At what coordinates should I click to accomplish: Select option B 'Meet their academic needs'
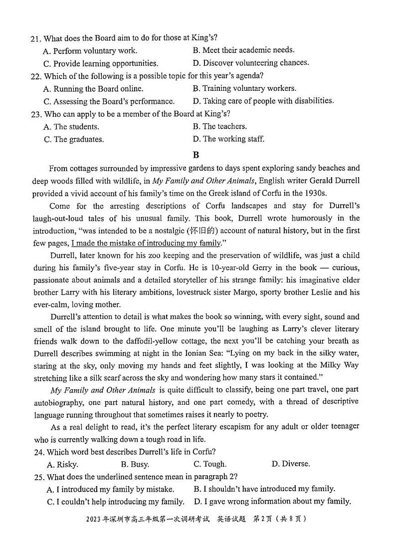(243, 50)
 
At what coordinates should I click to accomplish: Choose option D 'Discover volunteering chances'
(250, 63)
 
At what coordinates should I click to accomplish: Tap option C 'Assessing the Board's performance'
(109, 101)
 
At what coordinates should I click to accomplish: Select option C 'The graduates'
(74, 140)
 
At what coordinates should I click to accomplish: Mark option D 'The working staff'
(228, 139)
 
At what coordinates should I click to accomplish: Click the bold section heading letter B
(196, 155)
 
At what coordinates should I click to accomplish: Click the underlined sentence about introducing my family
(146, 243)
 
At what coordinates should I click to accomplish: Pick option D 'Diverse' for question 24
(290, 464)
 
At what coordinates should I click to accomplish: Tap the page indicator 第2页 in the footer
(269, 519)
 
